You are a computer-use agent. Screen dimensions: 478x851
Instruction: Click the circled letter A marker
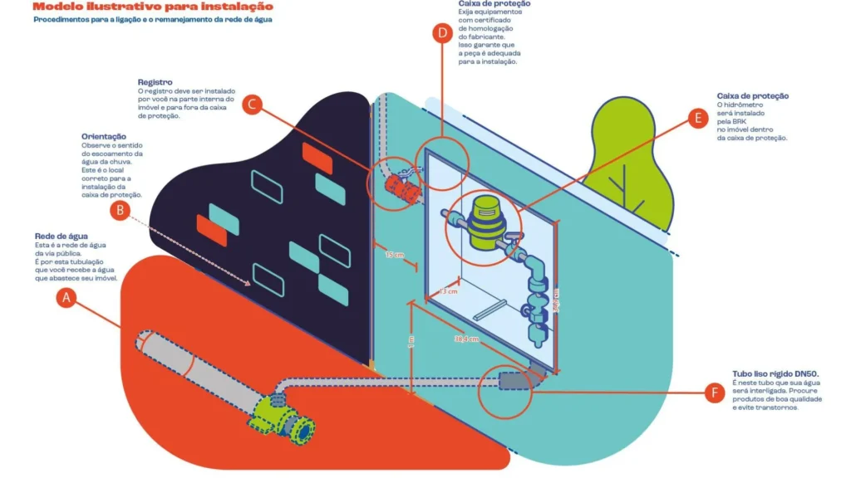pyautogui.click(x=66, y=298)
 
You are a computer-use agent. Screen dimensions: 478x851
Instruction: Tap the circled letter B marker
pyautogui.click(x=121, y=211)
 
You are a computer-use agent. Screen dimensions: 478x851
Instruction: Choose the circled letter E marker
pyautogui.click(x=698, y=117)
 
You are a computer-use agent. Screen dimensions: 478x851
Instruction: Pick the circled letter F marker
pyautogui.click(x=713, y=393)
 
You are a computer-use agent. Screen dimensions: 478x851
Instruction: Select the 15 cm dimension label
pyautogui.click(x=394, y=255)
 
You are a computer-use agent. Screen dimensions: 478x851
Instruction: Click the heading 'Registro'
pyautogui.click(x=155, y=82)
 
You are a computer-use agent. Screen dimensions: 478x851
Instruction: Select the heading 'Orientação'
pyautogui.click(x=104, y=136)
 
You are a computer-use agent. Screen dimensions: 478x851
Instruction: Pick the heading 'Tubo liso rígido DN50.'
pyautogui.click(x=772, y=374)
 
